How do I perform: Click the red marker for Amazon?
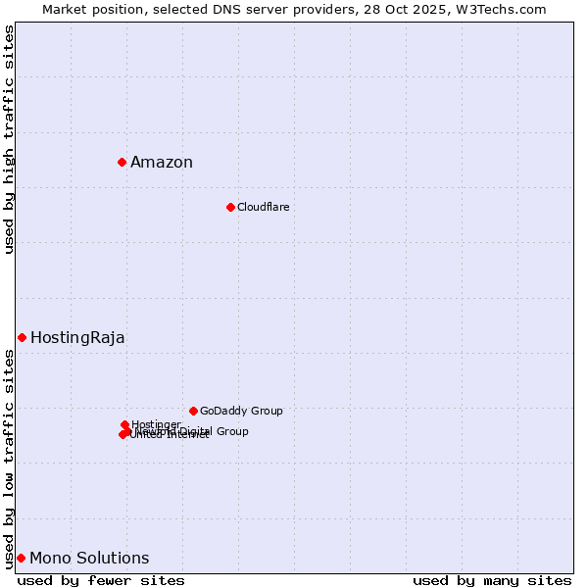pos(122,162)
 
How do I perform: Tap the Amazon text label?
pos(162,163)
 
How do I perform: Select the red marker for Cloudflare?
pos(230,207)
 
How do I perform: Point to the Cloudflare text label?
pos(263,207)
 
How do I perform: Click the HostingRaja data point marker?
pos(22,337)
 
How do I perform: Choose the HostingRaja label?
pos(77,338)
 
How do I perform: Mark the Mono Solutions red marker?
pos(21,558)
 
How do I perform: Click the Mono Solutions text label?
pos(89,559)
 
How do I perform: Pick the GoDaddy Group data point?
pos(193,411)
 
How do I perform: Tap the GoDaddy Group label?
pos(241,411)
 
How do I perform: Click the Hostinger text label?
pos(156,424)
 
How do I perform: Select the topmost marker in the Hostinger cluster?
pos(124,424)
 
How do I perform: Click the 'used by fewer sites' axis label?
pos(101,580)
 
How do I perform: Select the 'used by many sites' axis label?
pos(492,580)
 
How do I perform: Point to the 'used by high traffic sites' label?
pos(9,139)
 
